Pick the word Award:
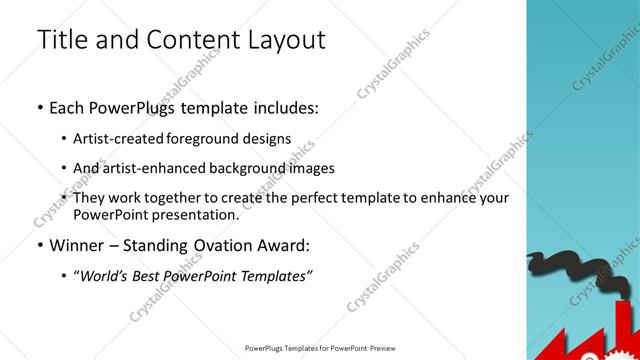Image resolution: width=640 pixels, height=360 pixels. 291,244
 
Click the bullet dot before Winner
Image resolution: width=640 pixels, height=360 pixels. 39,245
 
